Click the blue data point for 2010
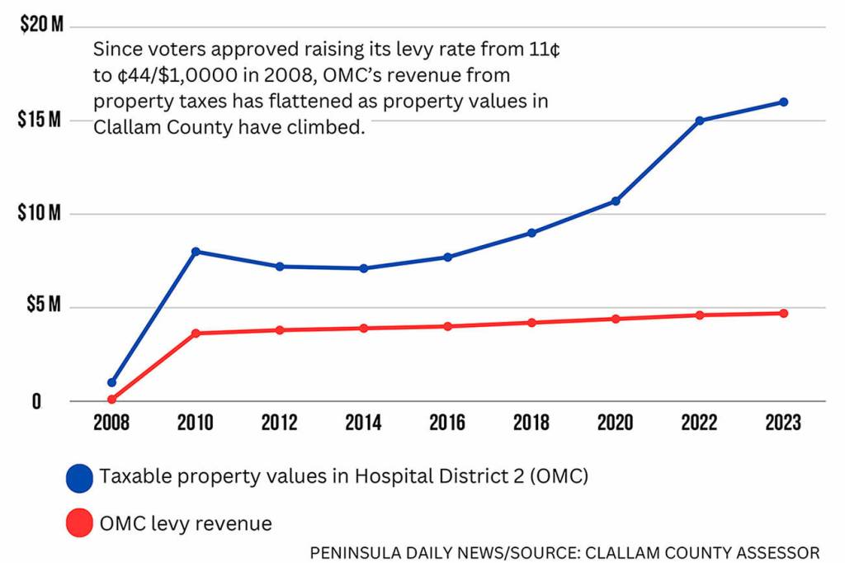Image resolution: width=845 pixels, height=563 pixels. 196,251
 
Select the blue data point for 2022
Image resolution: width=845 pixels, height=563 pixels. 700,121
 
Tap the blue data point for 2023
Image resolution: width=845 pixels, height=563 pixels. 783,102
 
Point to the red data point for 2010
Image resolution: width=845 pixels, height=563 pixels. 196,333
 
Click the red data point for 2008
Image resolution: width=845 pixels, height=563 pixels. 111,400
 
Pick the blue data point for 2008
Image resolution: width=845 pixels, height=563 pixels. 111,382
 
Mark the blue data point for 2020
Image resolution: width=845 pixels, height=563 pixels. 616,201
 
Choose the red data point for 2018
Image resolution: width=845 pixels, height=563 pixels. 531,322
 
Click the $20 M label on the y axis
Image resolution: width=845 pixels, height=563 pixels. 42,26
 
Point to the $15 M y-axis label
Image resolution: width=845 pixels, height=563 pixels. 40,120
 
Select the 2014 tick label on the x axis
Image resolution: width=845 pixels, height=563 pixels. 363,423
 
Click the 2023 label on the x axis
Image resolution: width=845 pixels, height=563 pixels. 783,423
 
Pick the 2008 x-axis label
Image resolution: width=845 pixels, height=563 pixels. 111,423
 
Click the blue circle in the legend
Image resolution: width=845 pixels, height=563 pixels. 79,477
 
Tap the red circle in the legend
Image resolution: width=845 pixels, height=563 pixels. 79,523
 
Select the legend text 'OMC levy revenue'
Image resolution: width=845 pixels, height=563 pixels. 186,523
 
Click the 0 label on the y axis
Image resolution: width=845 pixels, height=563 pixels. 36,401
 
